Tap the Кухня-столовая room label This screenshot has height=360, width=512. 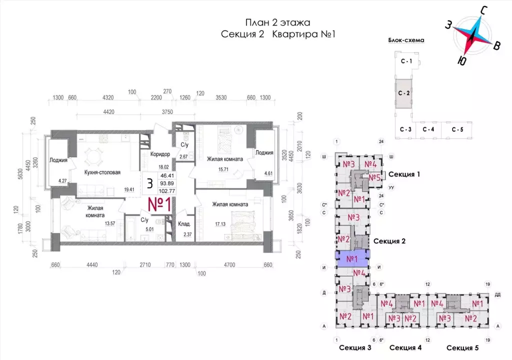coord(102,172)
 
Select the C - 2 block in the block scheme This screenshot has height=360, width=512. coord(404,93)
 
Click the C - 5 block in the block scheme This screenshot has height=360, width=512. coord(457,129)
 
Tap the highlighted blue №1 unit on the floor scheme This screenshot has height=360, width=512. coord(351,258)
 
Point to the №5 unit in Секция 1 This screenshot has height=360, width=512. coord(375,177)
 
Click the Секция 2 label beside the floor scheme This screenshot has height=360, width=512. coord(389,240)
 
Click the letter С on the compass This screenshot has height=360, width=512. coord(483,10)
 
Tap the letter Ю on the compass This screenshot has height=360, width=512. coord(462,60)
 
